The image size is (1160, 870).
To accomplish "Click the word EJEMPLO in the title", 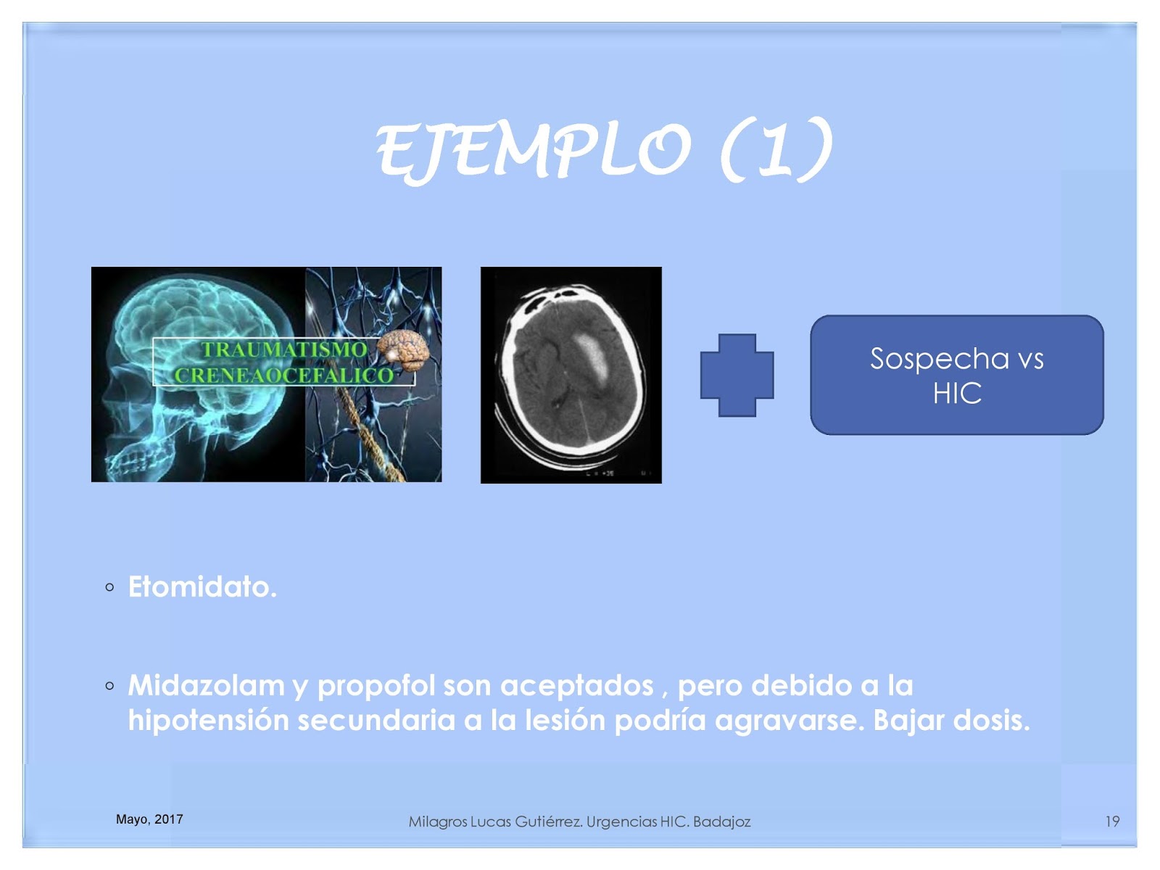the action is (x=533, y=151).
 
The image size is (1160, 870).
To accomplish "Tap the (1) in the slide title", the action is (x=777, y=151).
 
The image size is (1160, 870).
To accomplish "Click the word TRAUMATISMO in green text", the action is (x=283, y=349).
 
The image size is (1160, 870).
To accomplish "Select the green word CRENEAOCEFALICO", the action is (x=283, y=376).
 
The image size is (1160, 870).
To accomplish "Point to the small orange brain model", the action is (x=402, y=350).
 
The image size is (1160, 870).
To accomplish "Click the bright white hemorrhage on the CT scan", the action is (x=592, y=359).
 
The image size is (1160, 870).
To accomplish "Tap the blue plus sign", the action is (x=737, y=376).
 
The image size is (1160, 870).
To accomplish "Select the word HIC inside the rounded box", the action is (x=957, y=394).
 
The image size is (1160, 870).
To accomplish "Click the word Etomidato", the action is (x=202, y=587).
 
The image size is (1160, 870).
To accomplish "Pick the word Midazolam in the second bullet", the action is (x=206, y=686).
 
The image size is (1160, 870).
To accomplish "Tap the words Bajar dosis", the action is (x=951, y=721).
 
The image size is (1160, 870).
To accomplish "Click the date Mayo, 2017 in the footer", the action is (x=149, y=819).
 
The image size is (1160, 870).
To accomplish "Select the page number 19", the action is (x=1112, y=821).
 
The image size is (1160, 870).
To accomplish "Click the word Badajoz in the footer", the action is (x=722, y=822).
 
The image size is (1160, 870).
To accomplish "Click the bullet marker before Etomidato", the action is (x=110, y=587).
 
